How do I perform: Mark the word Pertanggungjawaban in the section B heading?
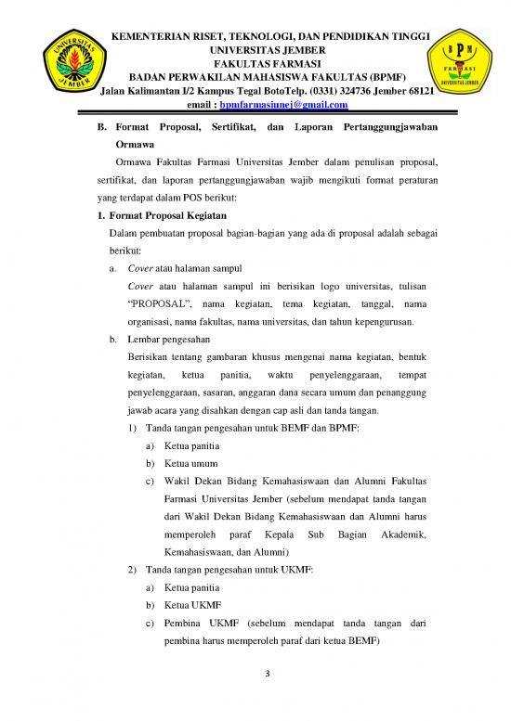(389, 126)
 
